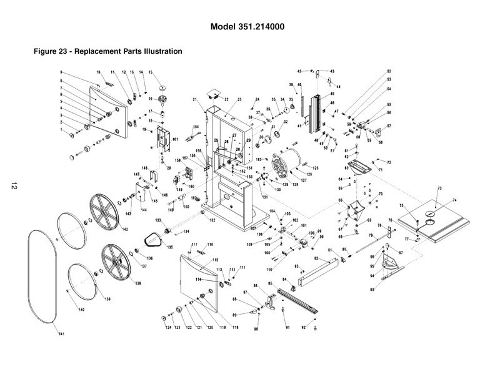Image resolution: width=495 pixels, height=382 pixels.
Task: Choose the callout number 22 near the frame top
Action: (x=226, y=99)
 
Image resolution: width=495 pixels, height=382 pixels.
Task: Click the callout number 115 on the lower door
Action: (x=216, y=260)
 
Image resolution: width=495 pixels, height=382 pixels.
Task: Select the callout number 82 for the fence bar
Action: (x=316, y=258)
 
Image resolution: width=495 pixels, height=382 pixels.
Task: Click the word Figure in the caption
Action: (x=46, y=51)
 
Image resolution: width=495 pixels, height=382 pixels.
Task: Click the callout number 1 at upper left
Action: (x=61, y=130)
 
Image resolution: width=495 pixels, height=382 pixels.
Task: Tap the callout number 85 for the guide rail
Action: (x=271, y=285)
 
